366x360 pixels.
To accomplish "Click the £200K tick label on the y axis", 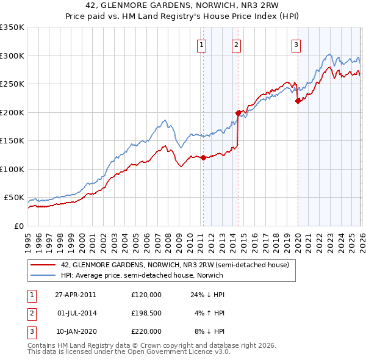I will (x=12, y=112).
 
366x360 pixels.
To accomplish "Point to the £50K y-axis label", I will (x=14, y=198).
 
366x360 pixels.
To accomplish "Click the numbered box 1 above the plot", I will (x=202, y=44).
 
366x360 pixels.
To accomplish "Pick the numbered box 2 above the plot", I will (x=236, y=44).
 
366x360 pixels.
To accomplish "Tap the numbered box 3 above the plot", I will (x=296, y=44).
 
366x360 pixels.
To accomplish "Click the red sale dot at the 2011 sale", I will (x=203, y=157).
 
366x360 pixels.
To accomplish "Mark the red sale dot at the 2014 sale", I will (x=238, y=113).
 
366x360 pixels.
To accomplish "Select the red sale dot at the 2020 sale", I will (x=298, y=101).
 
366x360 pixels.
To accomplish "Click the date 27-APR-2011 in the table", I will (x=75, y=294).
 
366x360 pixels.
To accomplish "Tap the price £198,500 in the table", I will (x=146, y=313).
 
